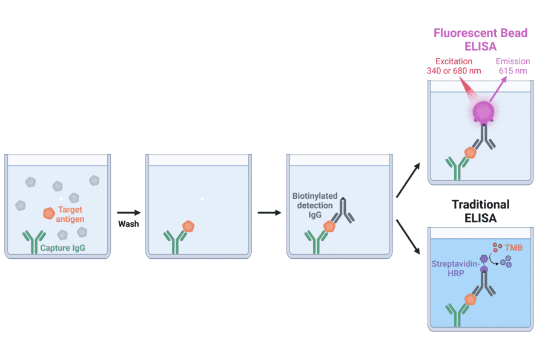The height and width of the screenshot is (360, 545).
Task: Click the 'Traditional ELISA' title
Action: [480, 210]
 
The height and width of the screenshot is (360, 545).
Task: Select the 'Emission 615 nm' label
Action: [512, 66]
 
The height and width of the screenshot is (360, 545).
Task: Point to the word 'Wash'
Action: [128, 224]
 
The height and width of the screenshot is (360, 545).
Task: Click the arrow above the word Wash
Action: [128, 213]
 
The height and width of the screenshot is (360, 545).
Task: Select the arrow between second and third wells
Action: [268, 213]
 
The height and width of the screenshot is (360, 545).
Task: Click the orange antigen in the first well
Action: [49, 213]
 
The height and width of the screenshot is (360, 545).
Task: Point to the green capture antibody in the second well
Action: [174, 241]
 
